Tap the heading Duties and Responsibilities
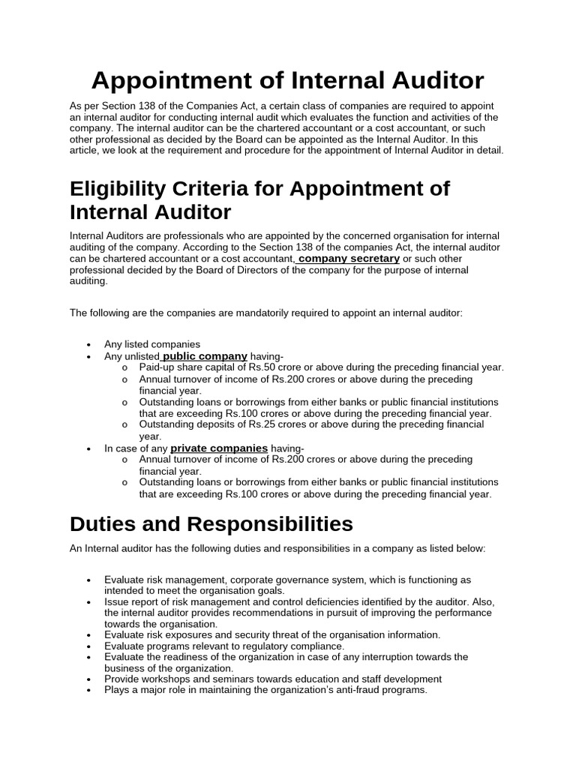click(x=211, y=522)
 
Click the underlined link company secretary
click(x=349, y=258)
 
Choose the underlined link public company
click(x=205, y=355)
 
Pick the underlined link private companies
click(x=219, y=448)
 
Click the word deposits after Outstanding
click(x=214, y=424)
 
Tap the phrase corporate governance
click(x=275, y=580)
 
